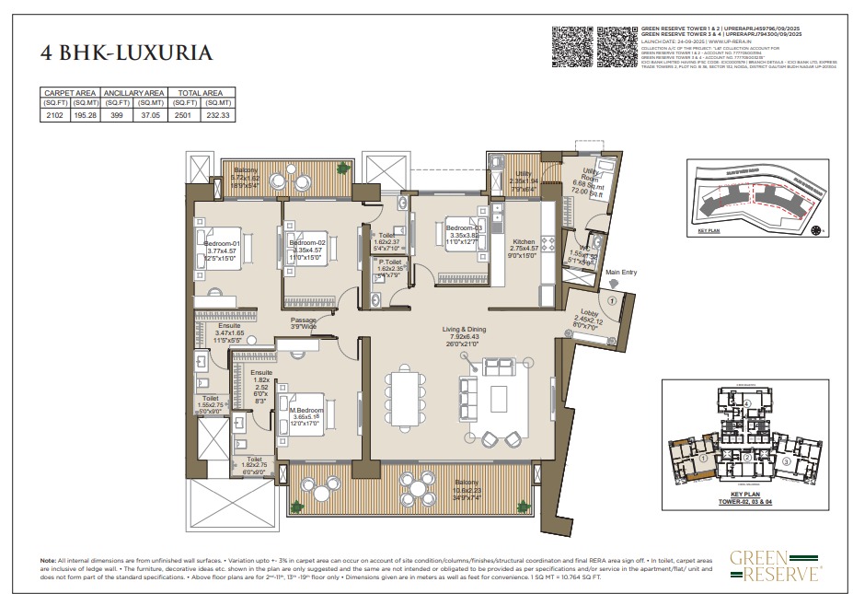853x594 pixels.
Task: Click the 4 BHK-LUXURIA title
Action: pyautogui.click(x=127, y=52)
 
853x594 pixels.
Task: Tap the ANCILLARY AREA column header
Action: pyautogui.click(x=133, y=93)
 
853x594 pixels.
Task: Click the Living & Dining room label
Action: pyautogui.click(x=463, y=329)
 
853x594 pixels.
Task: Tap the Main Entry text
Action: pyautogui.click(x=621, y=273)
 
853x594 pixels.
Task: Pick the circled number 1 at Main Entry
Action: pyautogui.click(x=612, y=300)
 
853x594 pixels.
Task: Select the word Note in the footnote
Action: pyautogui.click(x=48, y=561)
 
